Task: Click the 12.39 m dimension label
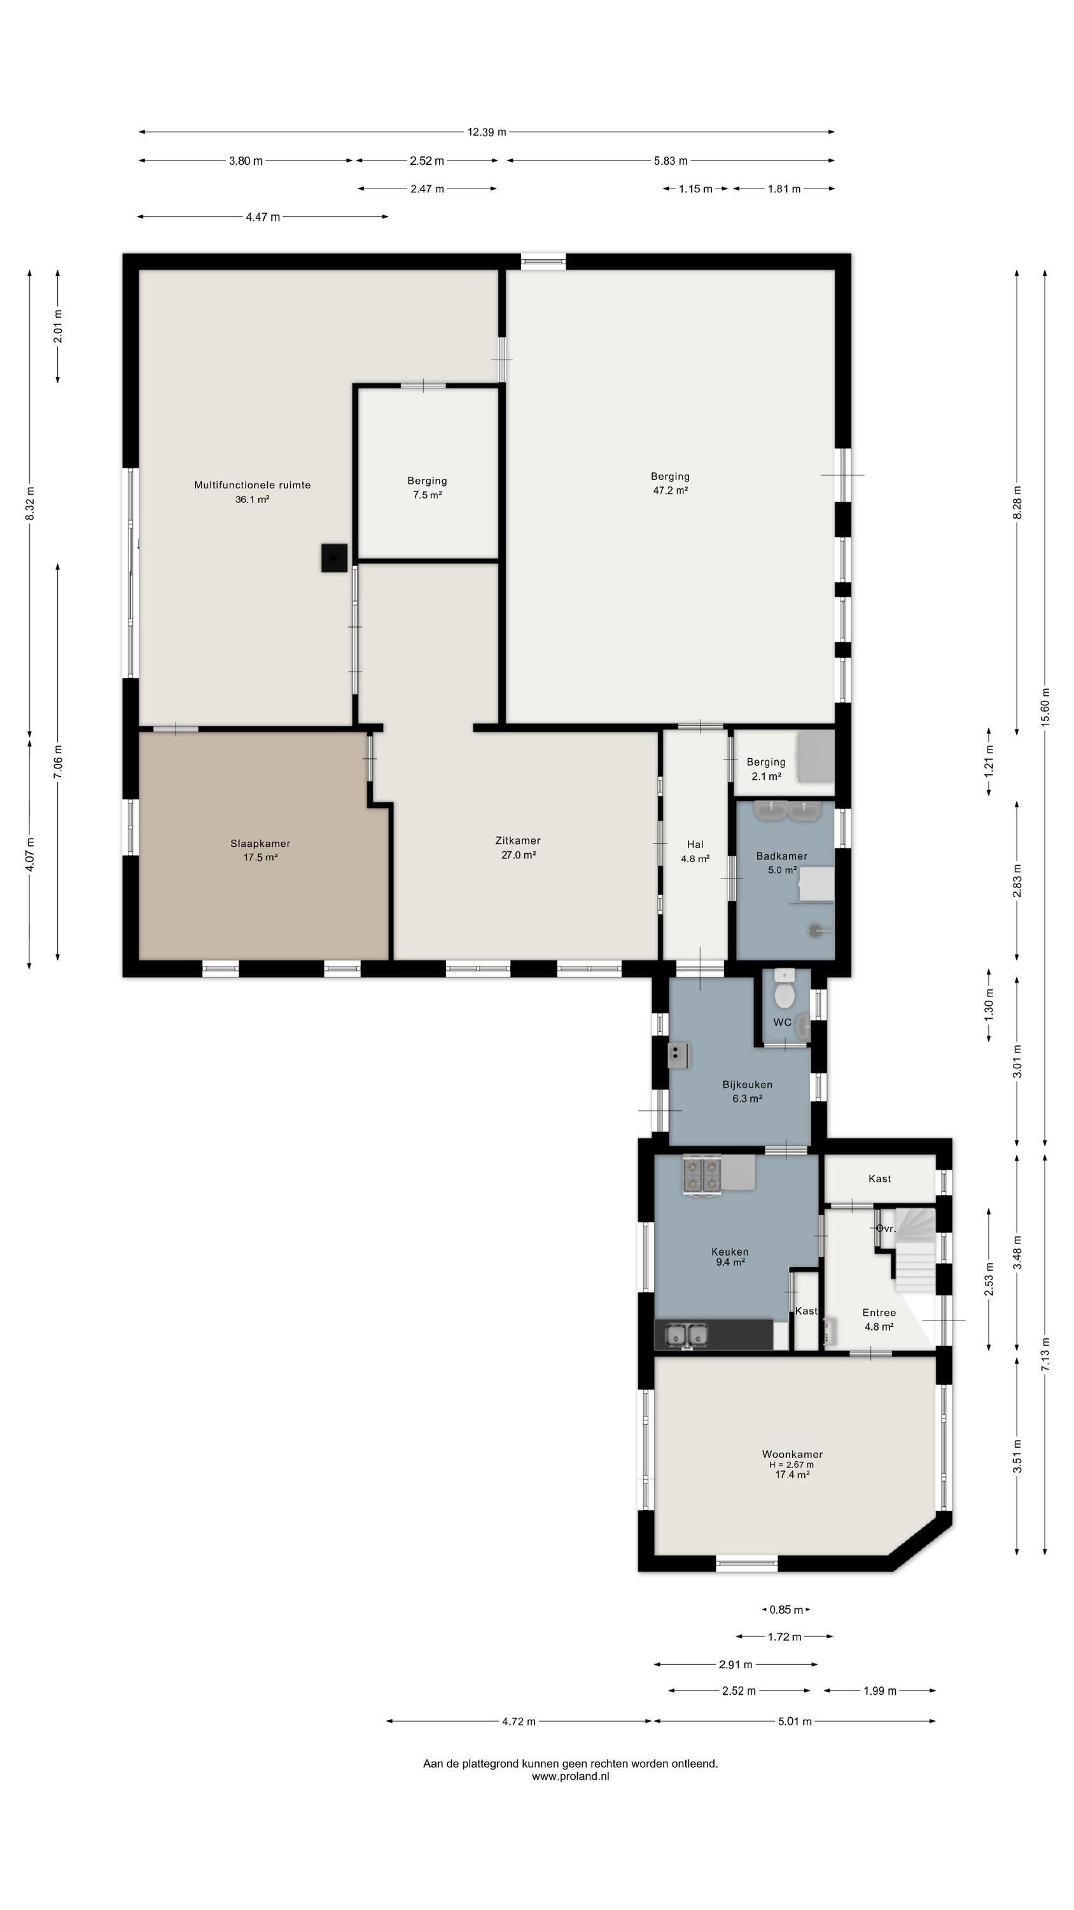click(x=486, y=132)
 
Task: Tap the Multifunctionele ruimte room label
click(x=252, y=485)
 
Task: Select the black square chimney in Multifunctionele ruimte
click(x=334, y=558)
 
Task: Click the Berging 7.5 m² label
click(x=427, y=487)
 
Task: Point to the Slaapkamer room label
click(x=260, y=843)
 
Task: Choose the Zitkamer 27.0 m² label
click(x=518, y=847)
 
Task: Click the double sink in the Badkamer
click(x=787, y=810)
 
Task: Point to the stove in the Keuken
click(x=702, y=1175)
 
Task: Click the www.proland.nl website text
click(x=570, y=1776)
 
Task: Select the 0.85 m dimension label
click(x=786, y=1609)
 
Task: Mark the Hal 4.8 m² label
click(x=695, y=851)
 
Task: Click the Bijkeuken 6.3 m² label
click(x=747, y=1091)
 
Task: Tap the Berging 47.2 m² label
click(x=670, y=483)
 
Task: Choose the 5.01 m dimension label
click(x=795, y=1721)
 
